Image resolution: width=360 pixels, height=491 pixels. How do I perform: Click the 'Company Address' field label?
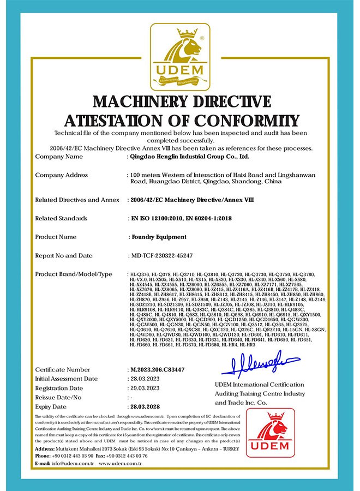[x=62, y=175]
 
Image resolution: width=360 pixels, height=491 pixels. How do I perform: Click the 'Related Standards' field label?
[x=61, y=218]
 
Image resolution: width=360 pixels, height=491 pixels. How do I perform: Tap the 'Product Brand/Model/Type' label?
[x=74, y=274]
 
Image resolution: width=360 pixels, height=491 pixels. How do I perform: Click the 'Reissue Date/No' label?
[x=58, y=397]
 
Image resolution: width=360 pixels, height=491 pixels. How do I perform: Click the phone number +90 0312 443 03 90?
[x=73, y=456]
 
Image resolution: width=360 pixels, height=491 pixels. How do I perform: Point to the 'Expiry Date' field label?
[x=51, y=406]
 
